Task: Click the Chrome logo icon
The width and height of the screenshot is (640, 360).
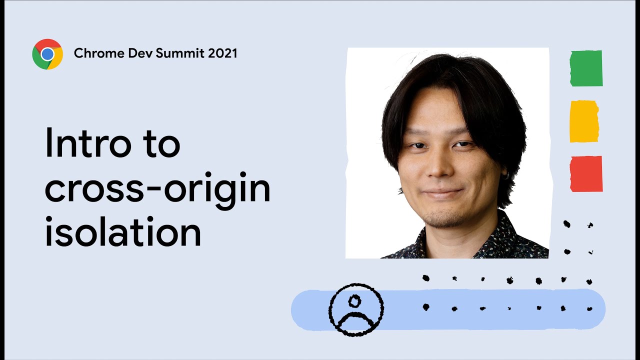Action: click(47, 54)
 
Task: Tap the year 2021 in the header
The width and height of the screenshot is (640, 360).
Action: click(222, 53)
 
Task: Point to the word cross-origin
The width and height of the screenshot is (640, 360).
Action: click(157, 189)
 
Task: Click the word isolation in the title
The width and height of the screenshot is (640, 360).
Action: click(122, 233)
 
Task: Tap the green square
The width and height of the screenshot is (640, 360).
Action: click(586, 68)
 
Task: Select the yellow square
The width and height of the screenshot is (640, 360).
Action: click(584, 121)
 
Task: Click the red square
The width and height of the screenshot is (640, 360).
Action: click(586, 173)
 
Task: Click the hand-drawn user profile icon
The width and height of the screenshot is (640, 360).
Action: click(356, 309)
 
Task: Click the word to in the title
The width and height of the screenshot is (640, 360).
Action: click(159, 143)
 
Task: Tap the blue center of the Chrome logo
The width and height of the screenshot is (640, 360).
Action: click(47, 54)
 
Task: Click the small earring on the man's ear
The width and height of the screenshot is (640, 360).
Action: click(506, 175)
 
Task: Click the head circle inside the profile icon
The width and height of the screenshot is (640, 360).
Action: click(354, 301)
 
